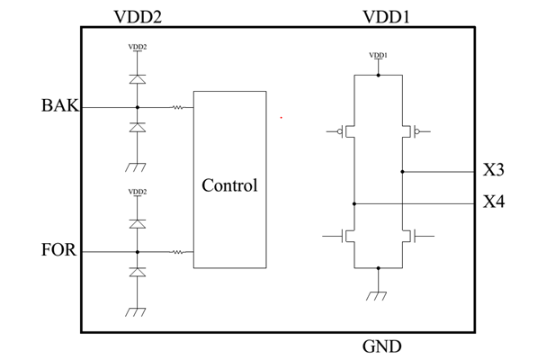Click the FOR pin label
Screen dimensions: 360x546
click(59, 250)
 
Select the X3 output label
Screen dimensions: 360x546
click(493, 170)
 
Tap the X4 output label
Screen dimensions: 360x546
click(493, 202)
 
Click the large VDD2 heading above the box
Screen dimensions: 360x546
click(137, 15)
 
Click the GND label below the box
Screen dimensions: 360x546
click(381, 346)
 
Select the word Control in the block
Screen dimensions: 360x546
click(229, 186)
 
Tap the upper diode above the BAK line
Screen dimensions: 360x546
click(137, 79)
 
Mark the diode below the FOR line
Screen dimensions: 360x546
click(137, 272)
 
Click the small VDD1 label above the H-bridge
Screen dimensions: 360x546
click(379, 56)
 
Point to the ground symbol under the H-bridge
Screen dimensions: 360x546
click(379, 293)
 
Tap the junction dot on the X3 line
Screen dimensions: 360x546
click(402, 171)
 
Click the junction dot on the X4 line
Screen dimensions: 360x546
click(354, 203)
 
